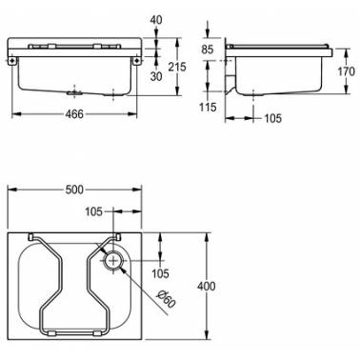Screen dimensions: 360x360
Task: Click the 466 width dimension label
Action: [x=74, y=114]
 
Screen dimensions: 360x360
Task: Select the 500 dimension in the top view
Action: [x=74, y=190]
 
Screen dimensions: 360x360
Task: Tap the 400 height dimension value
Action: [x=207, y=287]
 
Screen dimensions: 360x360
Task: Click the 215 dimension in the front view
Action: [x=177, y=67]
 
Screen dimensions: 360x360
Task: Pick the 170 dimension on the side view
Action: [x=347, y=71]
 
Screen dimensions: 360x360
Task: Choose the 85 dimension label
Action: [x=208, y=50]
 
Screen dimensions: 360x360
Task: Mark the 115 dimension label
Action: [x=208, y=107]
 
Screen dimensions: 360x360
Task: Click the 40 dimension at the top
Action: [x=155, y=20]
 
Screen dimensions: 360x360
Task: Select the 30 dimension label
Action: [x=155, y=76]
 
